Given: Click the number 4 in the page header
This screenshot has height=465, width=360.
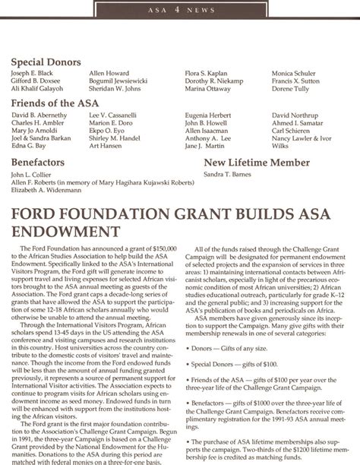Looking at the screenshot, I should pos(179,9).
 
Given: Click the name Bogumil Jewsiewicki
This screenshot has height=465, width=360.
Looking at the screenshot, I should pos(117,81).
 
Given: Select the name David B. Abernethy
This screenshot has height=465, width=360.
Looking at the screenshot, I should pos(39,114).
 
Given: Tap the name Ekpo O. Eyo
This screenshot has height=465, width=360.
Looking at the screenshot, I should pos(106,131).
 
